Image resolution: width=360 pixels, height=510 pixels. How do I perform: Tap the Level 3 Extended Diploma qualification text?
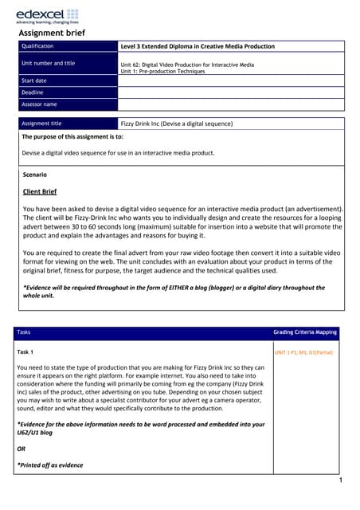click(x=197, y=46)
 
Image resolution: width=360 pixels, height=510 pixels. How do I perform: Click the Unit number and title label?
click(x=49, y=63)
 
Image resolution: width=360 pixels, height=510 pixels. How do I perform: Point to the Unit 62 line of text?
click(x=187, y=65)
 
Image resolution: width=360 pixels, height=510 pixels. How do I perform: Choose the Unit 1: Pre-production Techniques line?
click(x=162, y=71)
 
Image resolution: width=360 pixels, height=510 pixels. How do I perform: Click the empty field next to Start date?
click(x=231, y=80)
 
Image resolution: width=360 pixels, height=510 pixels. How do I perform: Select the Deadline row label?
click(x=33, y=92)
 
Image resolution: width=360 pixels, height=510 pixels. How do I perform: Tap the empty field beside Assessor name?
click(x=231, y=104)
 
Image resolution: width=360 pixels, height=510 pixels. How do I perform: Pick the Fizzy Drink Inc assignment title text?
click(x=176, y=124)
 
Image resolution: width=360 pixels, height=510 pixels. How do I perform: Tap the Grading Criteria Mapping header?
click(x=306, y=331)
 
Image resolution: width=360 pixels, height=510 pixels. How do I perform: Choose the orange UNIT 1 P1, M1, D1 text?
click(x=303, y=351)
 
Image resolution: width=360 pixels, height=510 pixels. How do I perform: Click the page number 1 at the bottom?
click(x=339, y=482)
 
